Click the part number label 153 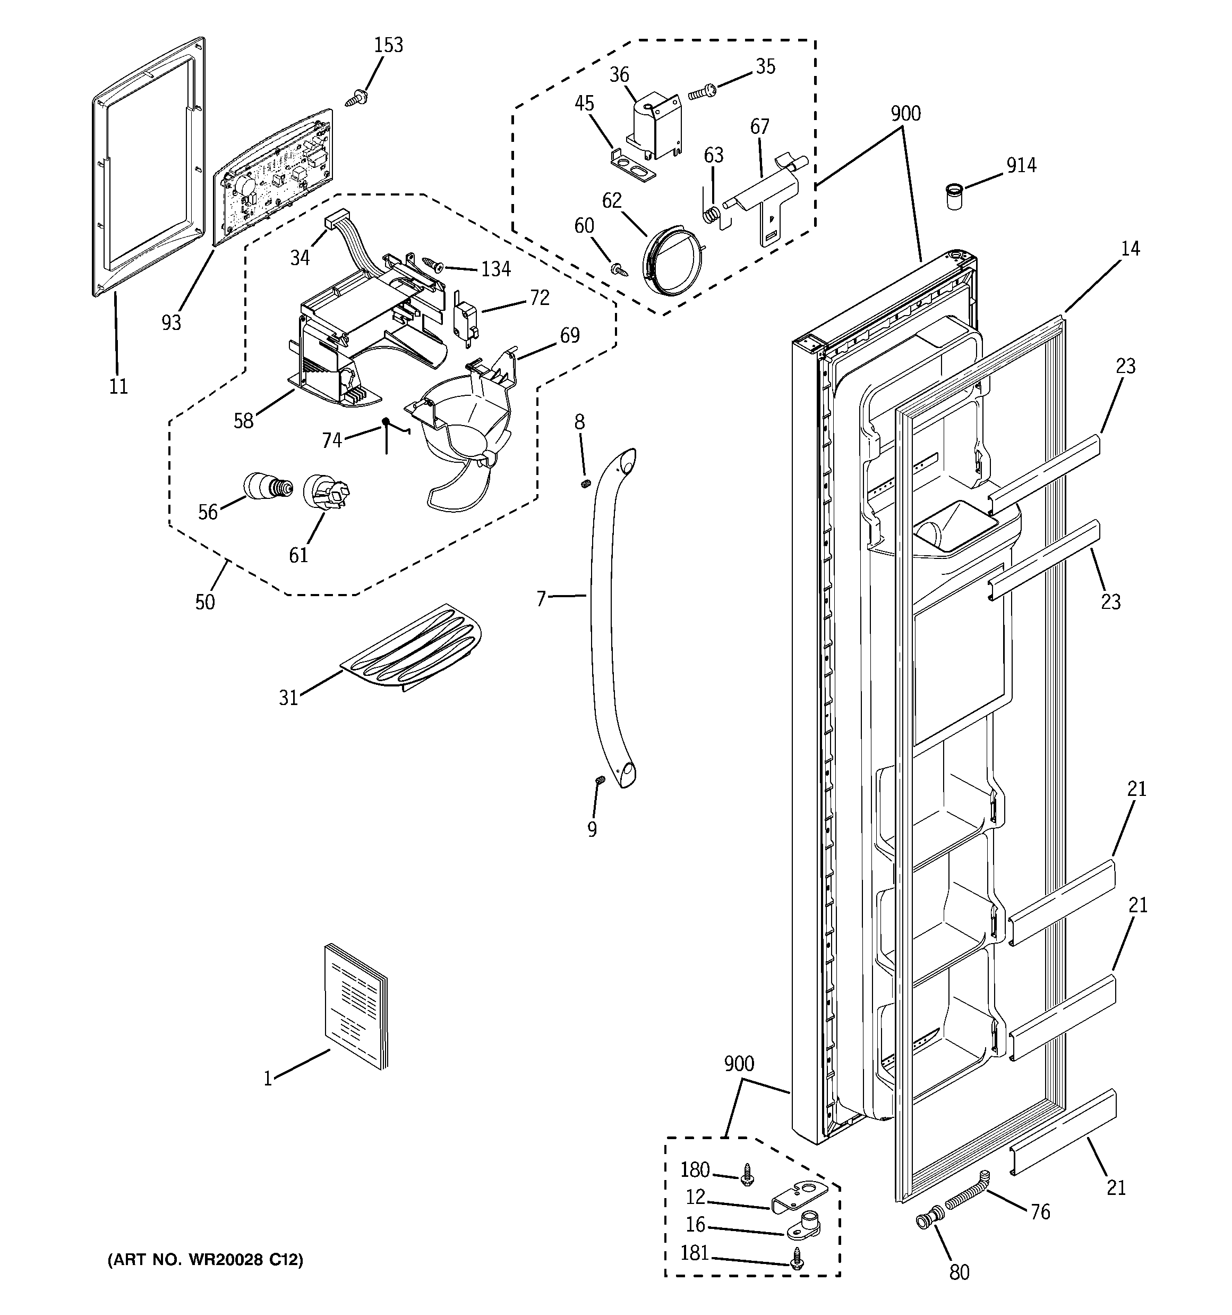click(x=388, y=45)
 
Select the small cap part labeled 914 click(x=953, y=197)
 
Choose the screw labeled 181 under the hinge click(x=798, y=1262)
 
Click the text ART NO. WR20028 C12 click(x=206, y=1260)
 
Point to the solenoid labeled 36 click(x=652, y=129)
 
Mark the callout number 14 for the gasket click(x=1130, y=249)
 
